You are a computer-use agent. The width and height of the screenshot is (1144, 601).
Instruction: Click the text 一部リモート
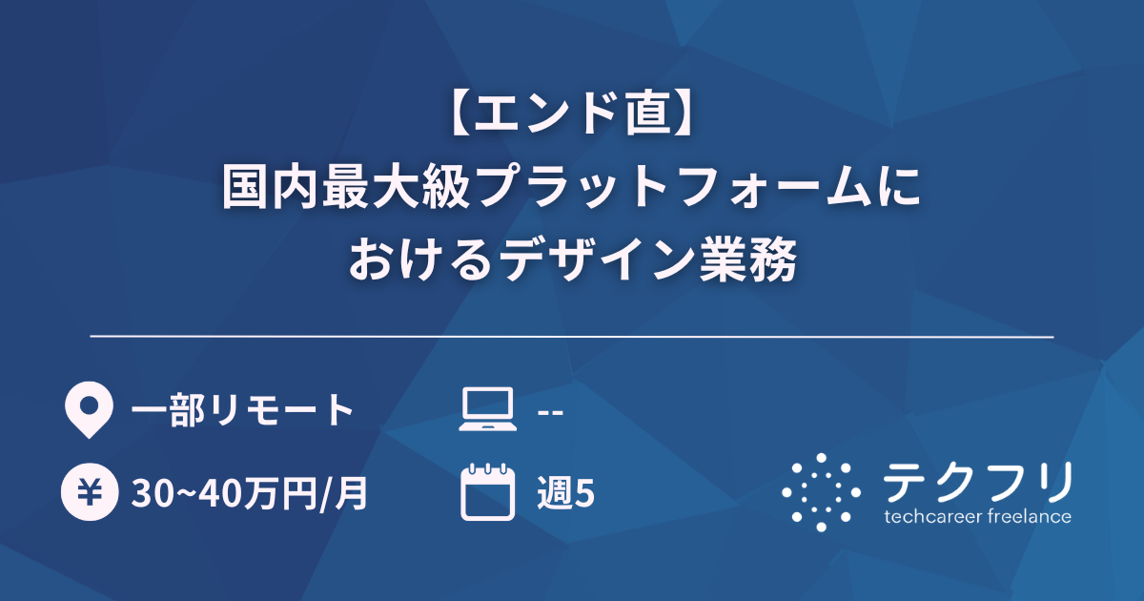[x=243, y=410]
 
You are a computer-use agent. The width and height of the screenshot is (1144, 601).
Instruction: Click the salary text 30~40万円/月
[x=249, y=494]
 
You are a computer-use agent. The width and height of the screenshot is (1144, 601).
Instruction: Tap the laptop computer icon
[x=487, y=409]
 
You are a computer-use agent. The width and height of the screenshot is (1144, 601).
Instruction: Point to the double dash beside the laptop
[x=550, y=411]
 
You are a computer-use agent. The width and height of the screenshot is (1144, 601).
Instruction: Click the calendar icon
[x=487, y=492]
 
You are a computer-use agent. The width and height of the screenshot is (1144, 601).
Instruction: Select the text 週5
[x=566, y=494]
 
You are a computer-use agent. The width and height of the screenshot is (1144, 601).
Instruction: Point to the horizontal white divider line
[x=572, y=337]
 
